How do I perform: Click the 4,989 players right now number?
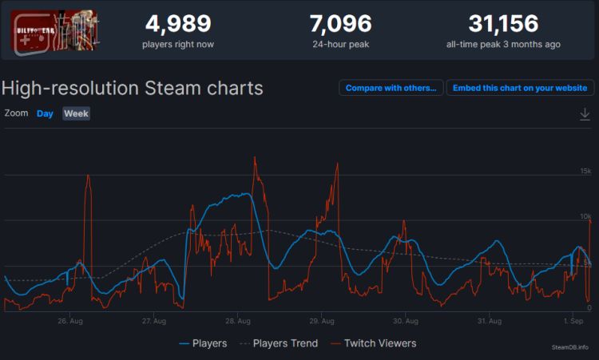[177, 23]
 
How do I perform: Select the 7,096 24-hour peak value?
[340, 23]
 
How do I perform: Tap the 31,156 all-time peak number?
[503, 23]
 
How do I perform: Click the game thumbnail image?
[55, 30]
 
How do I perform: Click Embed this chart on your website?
[520, 88]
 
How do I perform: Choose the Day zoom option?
[45, 113]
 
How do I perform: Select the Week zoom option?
[76, 113]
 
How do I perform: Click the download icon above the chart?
[585, 115]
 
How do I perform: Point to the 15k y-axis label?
[585, 172]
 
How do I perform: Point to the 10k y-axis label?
[585, 216]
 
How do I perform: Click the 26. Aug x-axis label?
[70, 322]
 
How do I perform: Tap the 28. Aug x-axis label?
[238, 322]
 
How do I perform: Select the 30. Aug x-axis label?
[406, 322]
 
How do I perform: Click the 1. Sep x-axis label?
[573, 322]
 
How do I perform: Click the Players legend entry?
[203, 343]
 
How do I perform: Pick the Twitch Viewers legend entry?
[373, 343]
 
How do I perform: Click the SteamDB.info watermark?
[570, 347]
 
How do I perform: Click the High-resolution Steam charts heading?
[133, 88]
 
